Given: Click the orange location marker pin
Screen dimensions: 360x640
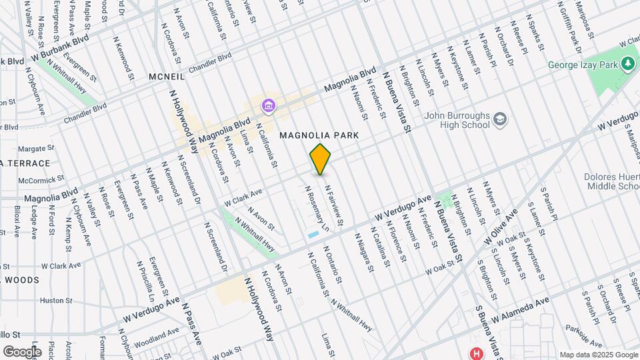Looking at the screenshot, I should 321,159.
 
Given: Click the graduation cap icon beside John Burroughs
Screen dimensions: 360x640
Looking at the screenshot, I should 500,120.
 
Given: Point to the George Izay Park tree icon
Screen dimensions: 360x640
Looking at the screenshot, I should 627,64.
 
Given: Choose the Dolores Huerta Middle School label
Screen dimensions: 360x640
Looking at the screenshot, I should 613,182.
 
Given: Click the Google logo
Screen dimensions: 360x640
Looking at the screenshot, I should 21,351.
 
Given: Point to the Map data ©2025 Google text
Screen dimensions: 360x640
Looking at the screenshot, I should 598,355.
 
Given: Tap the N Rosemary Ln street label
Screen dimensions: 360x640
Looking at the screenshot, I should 317,208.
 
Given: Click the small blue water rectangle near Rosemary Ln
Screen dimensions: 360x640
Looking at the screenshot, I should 313,235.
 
